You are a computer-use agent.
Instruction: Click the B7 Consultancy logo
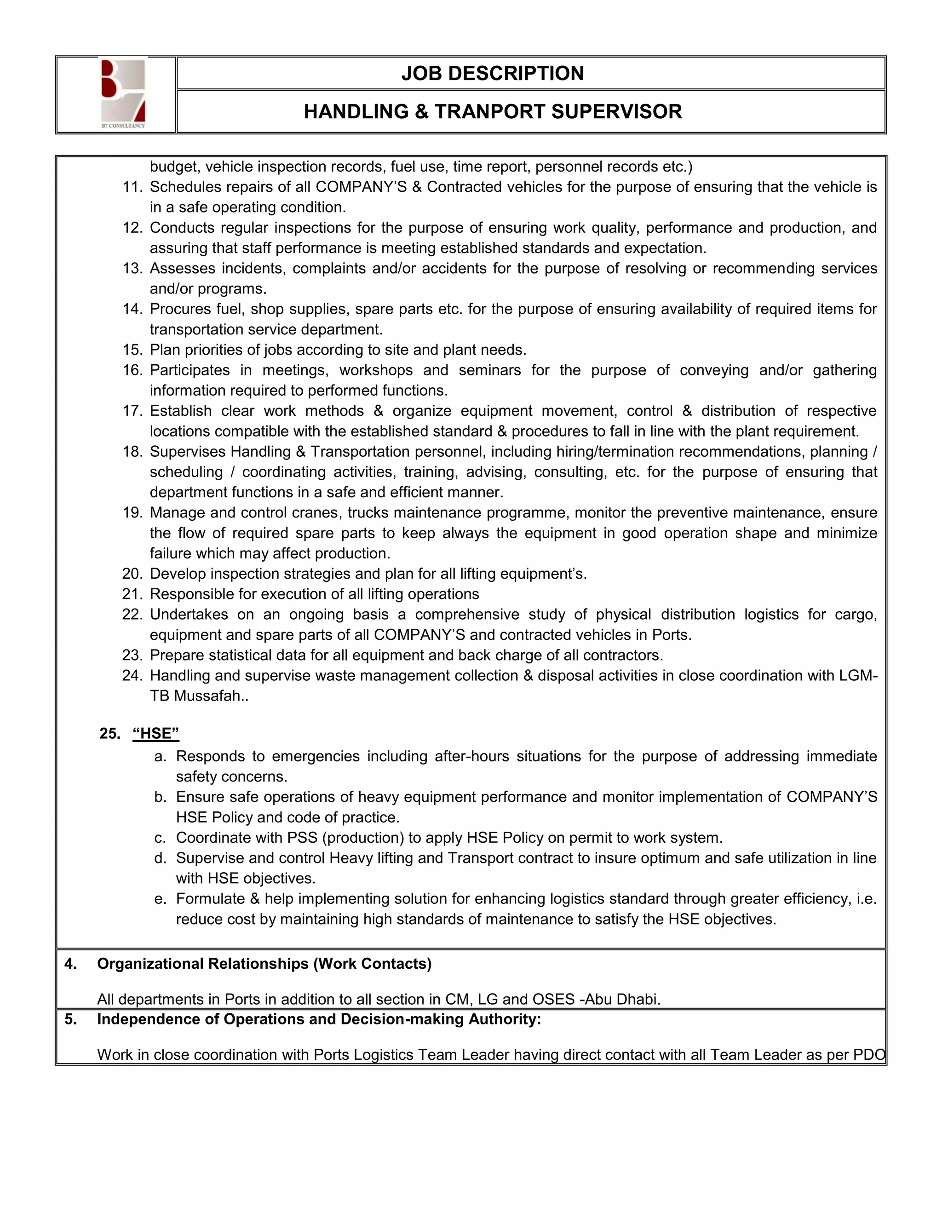click(x=123, y=94)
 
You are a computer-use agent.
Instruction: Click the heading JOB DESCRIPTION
click(x=492, y=73)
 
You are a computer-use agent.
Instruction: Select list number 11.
click(x=133, y=187)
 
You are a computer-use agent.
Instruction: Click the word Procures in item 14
click(x=178, y=309)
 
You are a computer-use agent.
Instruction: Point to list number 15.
click(x=133, y=350)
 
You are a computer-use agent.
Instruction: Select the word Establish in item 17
click(x=180, y=411)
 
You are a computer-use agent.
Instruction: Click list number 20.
click(x=133, y=574)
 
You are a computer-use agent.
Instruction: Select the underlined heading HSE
click(x=156, y=733)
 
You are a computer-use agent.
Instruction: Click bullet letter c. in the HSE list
click(x=160, y=838)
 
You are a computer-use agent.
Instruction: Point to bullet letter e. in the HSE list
click(x=160, y=899)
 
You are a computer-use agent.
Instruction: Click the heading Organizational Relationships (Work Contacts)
click(x=264, y=964)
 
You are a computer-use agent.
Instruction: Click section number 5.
click(x=70, y=1019)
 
